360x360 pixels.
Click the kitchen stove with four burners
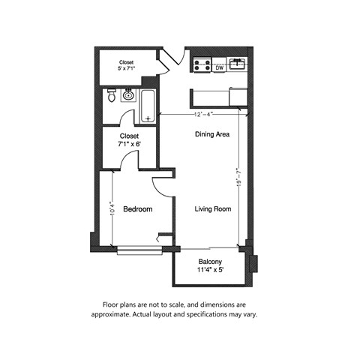(x=201, y=66)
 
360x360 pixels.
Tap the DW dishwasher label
(x=220, y=68)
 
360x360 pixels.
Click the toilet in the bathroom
(x=112, y=96)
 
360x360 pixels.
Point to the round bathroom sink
(x=128, y=96)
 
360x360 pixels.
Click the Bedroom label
(x=138, y=210)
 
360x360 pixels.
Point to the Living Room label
(x=212, y=209)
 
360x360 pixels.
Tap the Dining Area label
(x=212, y=135)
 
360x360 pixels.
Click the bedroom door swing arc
(x=160, y=184)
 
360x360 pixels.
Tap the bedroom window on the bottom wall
(x=135, y=248)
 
